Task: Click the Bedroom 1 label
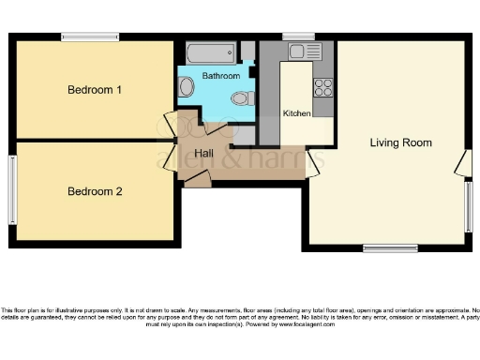95,90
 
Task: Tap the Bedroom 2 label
95,191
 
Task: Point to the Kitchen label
296,113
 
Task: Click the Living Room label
400,142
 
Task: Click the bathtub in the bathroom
211,52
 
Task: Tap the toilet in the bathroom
241,97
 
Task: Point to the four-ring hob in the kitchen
323,87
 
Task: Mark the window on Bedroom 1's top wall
90,37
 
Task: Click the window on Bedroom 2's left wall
13,184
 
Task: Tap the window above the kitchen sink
298,37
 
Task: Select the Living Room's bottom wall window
390,248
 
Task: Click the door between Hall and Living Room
312,165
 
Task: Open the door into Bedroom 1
171,124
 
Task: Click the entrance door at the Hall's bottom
197,179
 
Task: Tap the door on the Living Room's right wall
462,164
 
